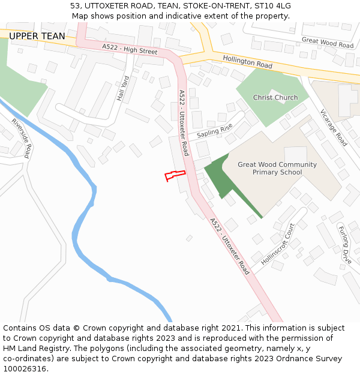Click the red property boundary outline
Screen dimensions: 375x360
point(175,175)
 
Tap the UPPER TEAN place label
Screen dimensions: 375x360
point(37,36)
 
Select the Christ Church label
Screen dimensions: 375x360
point(275,97)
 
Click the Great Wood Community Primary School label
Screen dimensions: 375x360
point(277,169)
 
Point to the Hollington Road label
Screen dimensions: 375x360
point(247,61)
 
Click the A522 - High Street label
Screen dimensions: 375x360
point(130,49)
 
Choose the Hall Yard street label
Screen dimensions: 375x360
point(123,88)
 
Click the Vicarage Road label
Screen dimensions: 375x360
point(334,127)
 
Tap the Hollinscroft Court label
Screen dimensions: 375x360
point(278,244)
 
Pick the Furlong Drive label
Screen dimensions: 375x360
point(345,245)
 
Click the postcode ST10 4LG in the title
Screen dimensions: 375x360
point(271,5)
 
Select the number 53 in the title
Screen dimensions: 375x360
point(76,5)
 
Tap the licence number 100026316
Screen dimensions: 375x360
point(25,368)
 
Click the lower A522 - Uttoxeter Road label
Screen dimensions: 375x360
point(229,246)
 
